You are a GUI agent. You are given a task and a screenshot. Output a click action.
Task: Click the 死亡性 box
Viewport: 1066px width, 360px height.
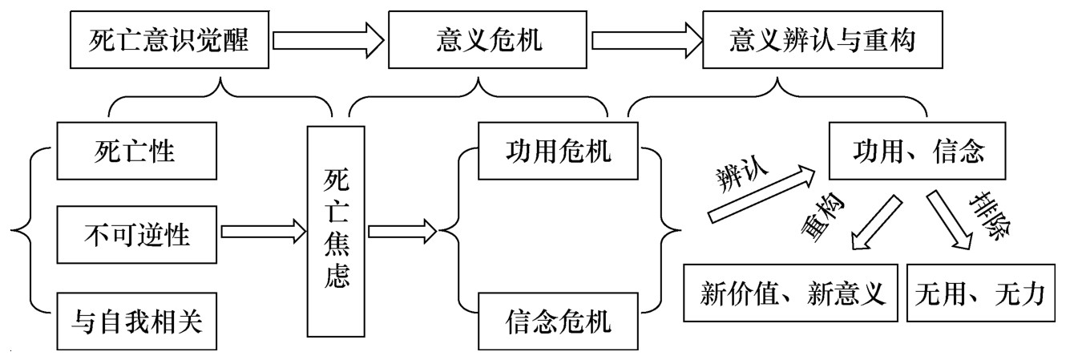137,150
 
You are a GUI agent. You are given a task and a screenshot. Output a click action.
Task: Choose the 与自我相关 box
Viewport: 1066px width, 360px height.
137,322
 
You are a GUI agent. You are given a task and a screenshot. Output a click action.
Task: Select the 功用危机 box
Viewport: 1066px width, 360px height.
559,150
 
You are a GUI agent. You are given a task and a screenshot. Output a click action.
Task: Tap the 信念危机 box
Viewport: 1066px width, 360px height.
559,322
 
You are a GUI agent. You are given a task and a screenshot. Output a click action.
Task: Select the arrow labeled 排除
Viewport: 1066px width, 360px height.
949,218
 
